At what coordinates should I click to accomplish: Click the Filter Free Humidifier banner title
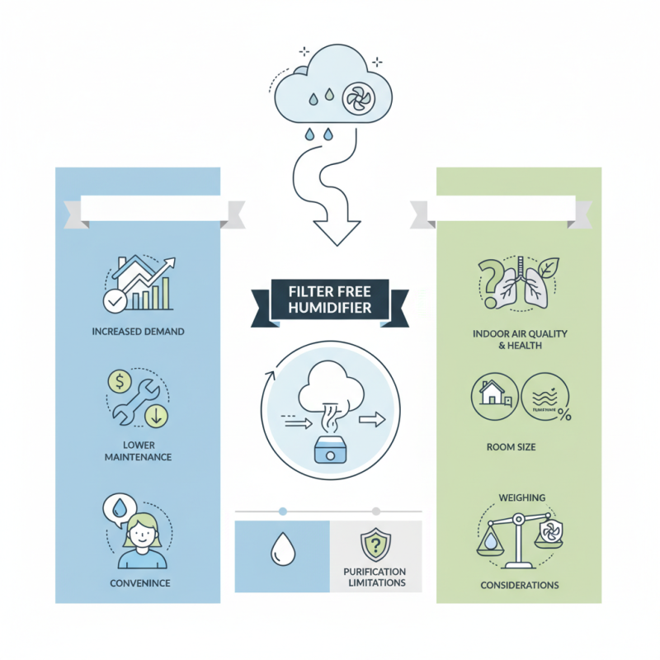330,301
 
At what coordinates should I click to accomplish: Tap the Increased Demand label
138,332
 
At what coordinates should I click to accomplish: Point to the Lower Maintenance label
138,450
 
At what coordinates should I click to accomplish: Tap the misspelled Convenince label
138,583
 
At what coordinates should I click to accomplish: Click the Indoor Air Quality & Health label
519,339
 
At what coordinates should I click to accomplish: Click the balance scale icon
519,540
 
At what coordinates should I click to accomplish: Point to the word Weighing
519,497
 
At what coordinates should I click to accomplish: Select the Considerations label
519,585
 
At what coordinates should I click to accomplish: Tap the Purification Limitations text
375,577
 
